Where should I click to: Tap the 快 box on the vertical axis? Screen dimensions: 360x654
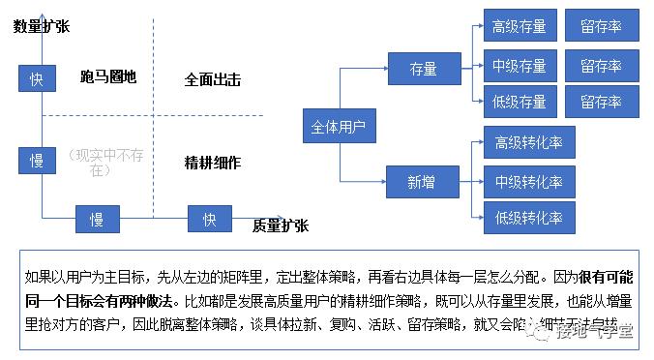(36, 78)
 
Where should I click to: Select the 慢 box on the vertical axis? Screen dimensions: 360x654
(36, 161)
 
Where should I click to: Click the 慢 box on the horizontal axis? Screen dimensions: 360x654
(97, 220)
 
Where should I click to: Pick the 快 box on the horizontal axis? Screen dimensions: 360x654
(210, 220)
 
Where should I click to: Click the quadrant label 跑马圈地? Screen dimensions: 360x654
(108, 77)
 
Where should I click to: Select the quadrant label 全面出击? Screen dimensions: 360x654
(213, 79)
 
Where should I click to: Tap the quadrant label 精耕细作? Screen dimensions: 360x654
(213, 162)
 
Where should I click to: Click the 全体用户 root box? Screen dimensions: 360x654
(338, 127)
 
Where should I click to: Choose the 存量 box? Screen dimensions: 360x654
(424, 69)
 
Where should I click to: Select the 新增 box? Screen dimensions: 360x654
(422, 181)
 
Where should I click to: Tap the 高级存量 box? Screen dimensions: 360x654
(520, 26)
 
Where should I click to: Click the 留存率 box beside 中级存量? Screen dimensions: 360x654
(601, 66)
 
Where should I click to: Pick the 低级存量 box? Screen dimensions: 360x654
(520, 102)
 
